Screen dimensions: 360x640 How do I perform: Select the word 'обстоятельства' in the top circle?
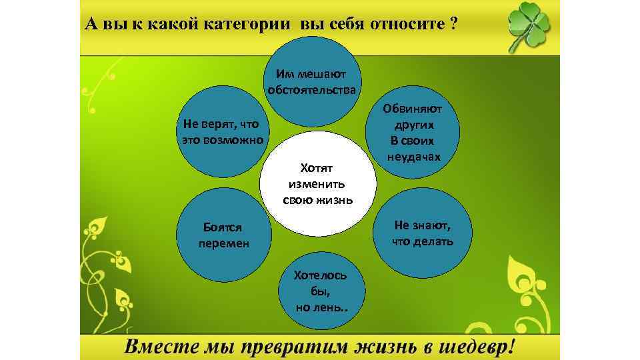point(312,90)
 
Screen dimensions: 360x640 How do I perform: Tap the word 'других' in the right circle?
point(413,125)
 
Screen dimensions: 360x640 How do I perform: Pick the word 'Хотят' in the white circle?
point(321,167)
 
